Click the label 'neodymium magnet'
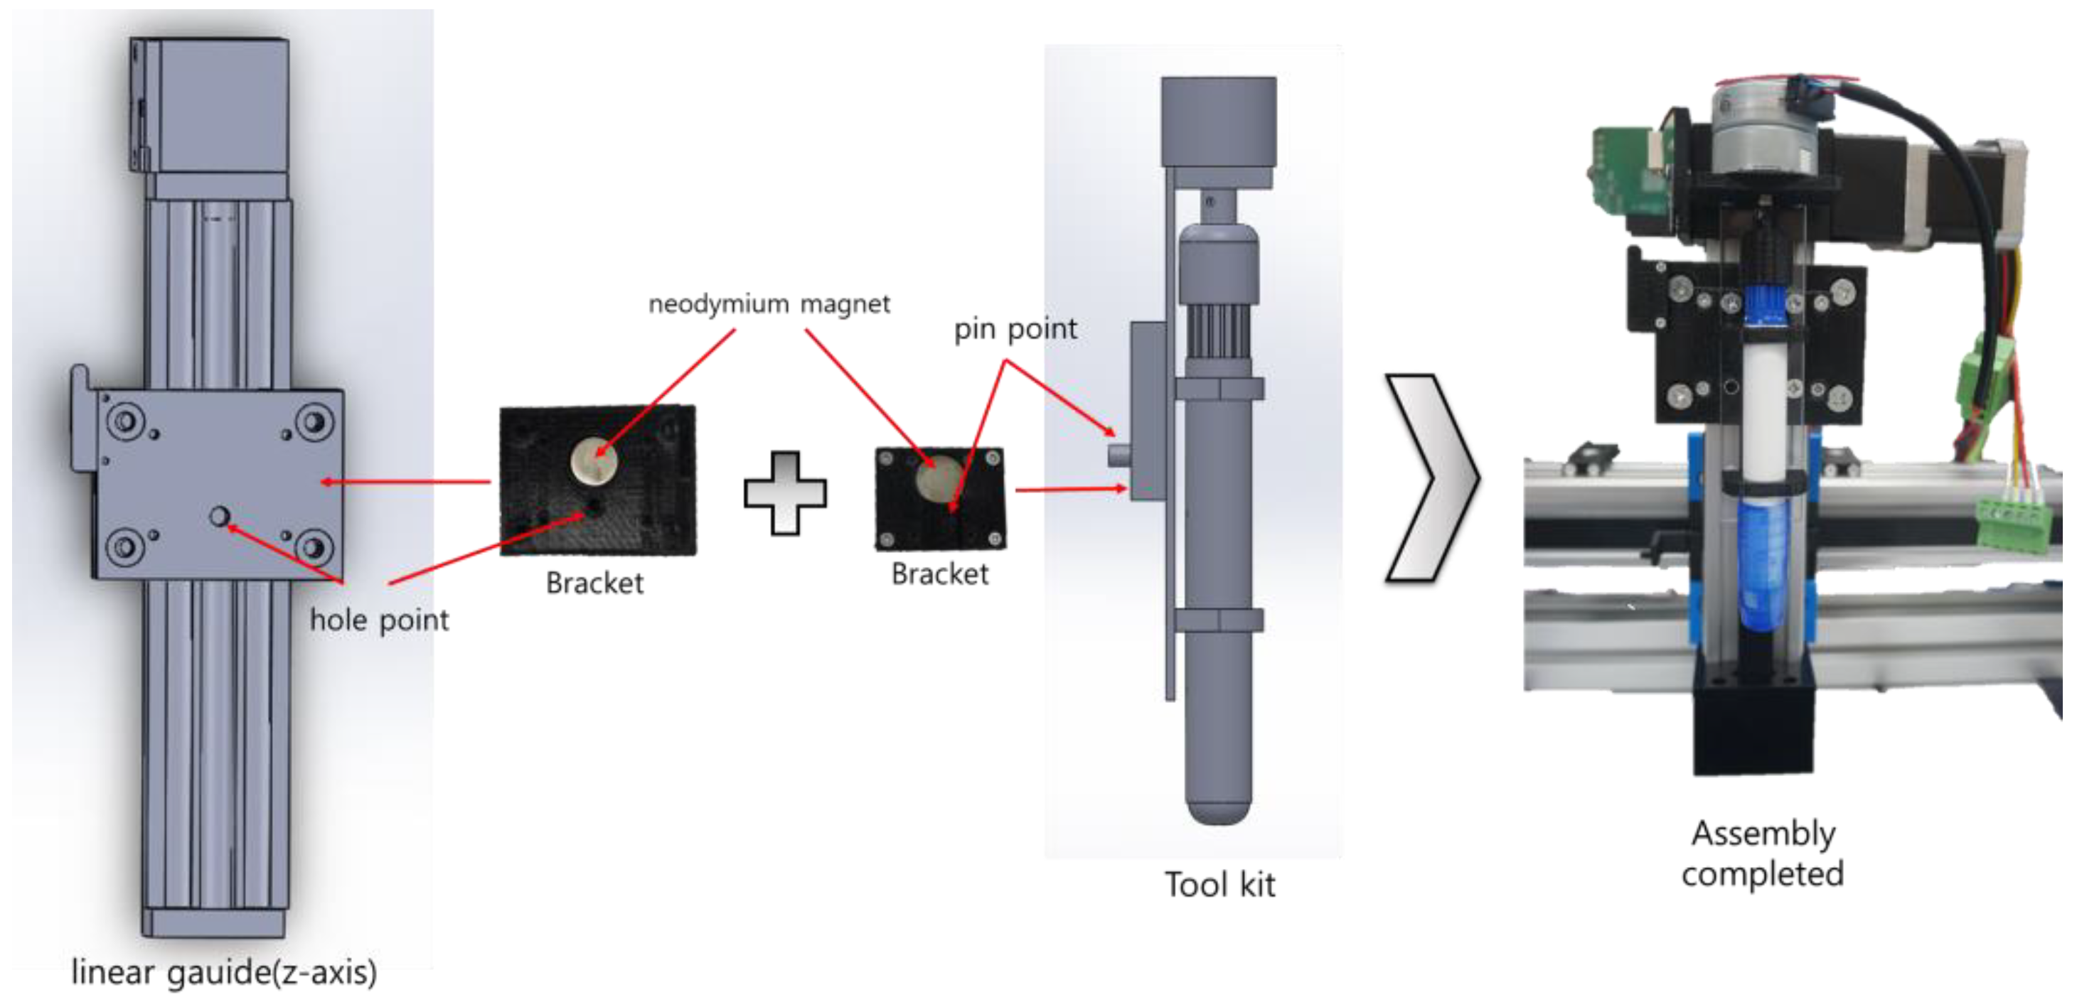click(769, 304)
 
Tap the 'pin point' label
click(1015, 329)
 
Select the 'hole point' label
click(379, 620)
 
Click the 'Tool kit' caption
click(1219, 884)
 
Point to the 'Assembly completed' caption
click(1763, 853)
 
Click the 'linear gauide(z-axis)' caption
click(224, 971)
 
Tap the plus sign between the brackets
click(784, 492)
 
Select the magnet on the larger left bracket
click(594, 461)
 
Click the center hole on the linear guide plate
click(219, 516)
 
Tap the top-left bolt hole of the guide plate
click(126, 420)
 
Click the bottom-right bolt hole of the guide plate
click(314, 547)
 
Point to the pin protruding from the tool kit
click(1116, 456)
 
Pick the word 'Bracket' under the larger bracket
click(594, 583)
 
